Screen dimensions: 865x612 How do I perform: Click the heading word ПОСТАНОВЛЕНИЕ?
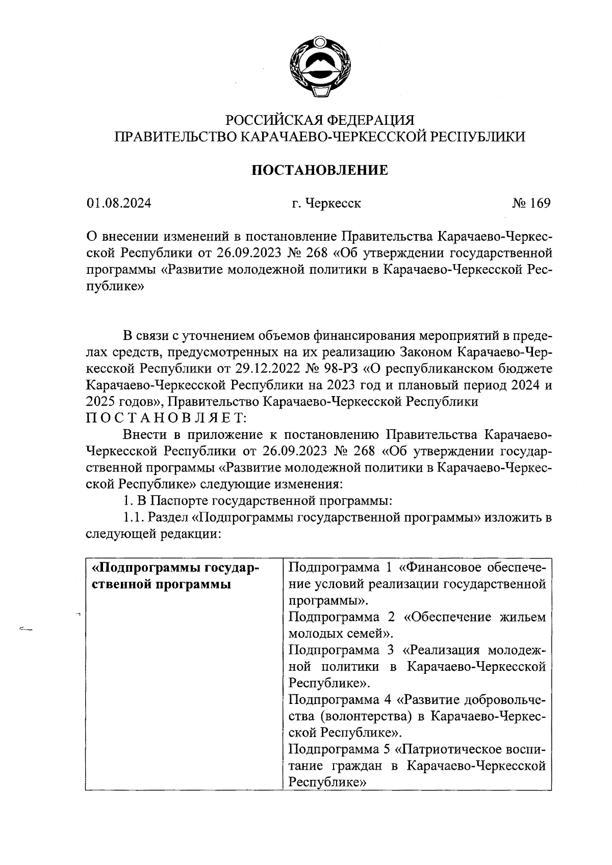[x=320, y=170]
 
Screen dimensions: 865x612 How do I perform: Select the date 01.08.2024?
[x=119, y=203]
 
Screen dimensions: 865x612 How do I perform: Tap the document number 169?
[x=540, y=203]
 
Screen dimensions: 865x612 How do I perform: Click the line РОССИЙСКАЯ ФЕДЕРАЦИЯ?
[x=320, y=120]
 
